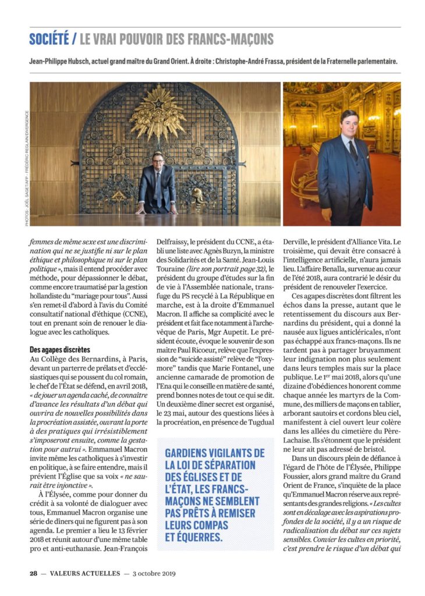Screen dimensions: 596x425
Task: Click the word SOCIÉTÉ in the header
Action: tap(48, 40)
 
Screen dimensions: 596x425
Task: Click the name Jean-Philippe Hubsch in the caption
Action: tap(64, 61)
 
